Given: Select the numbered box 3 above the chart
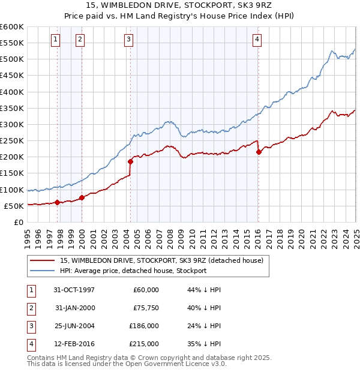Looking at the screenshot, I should click(x=129, y=40).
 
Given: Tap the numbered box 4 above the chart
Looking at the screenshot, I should click(x=257, y=40).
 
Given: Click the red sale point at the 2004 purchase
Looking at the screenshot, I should click(x=130, y=161).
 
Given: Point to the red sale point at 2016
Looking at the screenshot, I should click(x=259, y=152).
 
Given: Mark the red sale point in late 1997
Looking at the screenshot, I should click(x=58, y=202).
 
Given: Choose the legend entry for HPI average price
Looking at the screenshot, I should click(x=133, y=271).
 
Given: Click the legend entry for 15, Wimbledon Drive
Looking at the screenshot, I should click(x=161, y=260).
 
